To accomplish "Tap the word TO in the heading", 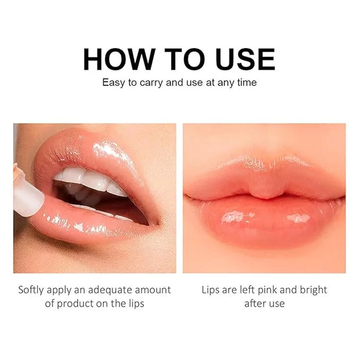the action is coord(185,59).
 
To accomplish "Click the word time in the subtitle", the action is coord(247,82).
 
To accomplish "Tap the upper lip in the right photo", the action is coord(264,177).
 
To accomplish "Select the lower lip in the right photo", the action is coord(264,221).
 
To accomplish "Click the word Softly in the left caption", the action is coord(31,290).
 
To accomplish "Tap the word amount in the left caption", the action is coord(153,290).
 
